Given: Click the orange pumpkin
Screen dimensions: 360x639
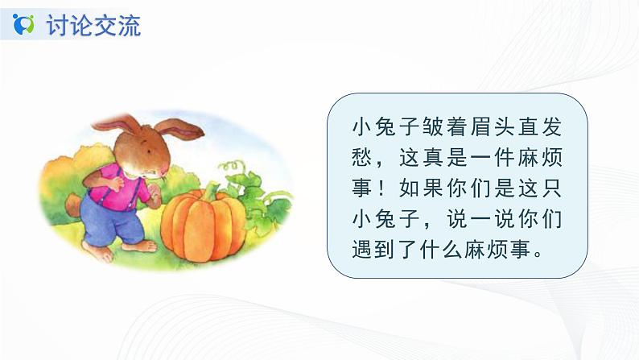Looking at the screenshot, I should click(202, 225).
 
